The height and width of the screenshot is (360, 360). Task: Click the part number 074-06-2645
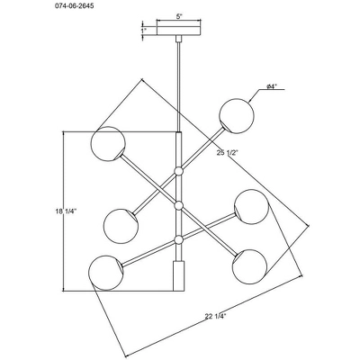72,6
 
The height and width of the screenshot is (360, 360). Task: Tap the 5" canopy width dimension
179,16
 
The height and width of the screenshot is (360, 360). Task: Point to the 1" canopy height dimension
144,30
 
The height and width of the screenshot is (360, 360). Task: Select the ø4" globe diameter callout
272,86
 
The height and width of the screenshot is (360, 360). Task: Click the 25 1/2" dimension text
227,152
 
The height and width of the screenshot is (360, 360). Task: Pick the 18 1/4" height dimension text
66,211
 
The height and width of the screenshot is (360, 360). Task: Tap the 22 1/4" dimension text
215,316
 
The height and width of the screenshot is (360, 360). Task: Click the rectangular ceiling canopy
179,31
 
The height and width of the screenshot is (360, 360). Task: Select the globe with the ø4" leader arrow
237,116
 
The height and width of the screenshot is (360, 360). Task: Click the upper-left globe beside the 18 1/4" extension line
108,144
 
